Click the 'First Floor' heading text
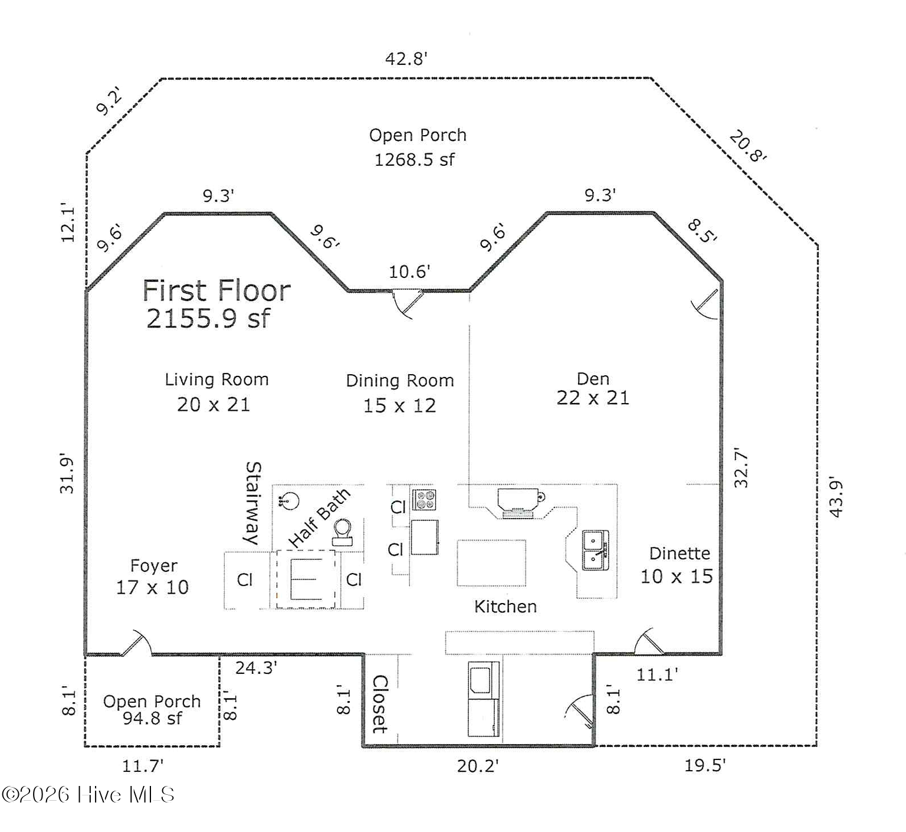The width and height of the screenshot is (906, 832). pyautogui.click(x=216, y=290)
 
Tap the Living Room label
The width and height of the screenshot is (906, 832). pyautogui.click(x=216, y=379)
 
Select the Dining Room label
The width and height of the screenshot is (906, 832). pyautogui.click(x=400, y=381)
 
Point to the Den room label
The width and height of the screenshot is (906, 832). pyautogui.click(x=593, y=379)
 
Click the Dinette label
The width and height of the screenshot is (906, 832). pyautogui.click(x=679, y=553)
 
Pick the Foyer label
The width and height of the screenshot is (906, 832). pyautogui.click(x=153, y=566)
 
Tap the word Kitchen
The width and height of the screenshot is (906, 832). pyautogui.click(x=505, y=607)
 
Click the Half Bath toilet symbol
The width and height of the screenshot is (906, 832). pyautogui.click(x=343, y=532)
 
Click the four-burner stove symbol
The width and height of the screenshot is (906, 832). pyautogui.click(x=424, y=500)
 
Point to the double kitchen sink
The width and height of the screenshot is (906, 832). pyautogui.click(x=596, y=550)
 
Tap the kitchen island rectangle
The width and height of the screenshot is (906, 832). pyautogui.click(x=491, y=562)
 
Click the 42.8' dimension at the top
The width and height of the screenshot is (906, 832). pyautogui.click(x=406, y=58)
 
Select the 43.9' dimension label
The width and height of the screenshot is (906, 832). pyautogui.click(x=836, y=497)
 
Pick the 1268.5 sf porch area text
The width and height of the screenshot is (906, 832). pyautogui.click(x=415, y=159)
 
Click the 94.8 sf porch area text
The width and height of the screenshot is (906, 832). pyautogui.click(x=152, y=718)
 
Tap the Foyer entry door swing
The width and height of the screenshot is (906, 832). pyautogui.click(x=137, y=643)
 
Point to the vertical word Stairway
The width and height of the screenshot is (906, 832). pyautogui.click(x=252, y=503)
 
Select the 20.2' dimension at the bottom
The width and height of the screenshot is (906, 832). pyautogui.click(x=478, y=766)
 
